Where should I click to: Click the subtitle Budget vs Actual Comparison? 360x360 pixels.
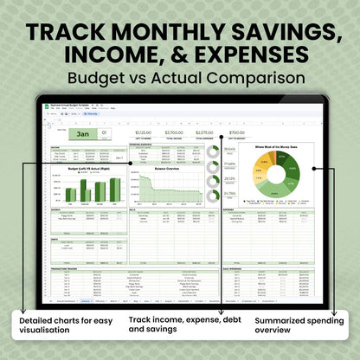(180, 79)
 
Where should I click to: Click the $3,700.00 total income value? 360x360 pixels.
(172, 132)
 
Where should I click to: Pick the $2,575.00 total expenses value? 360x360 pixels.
(205, 132)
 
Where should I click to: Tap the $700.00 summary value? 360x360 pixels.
(236, 132)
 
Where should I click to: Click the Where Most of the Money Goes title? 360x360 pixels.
(276, 148)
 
